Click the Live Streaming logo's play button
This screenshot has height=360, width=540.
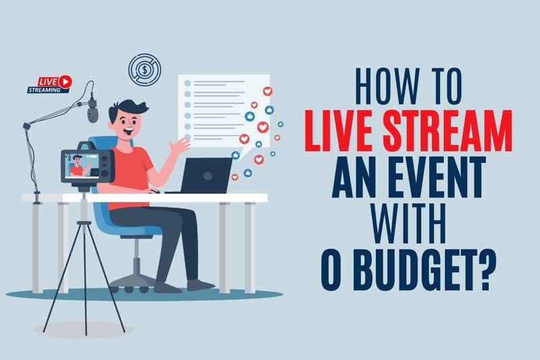65,81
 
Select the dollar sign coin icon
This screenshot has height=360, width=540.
144,70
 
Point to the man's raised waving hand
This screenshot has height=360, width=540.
181,146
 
